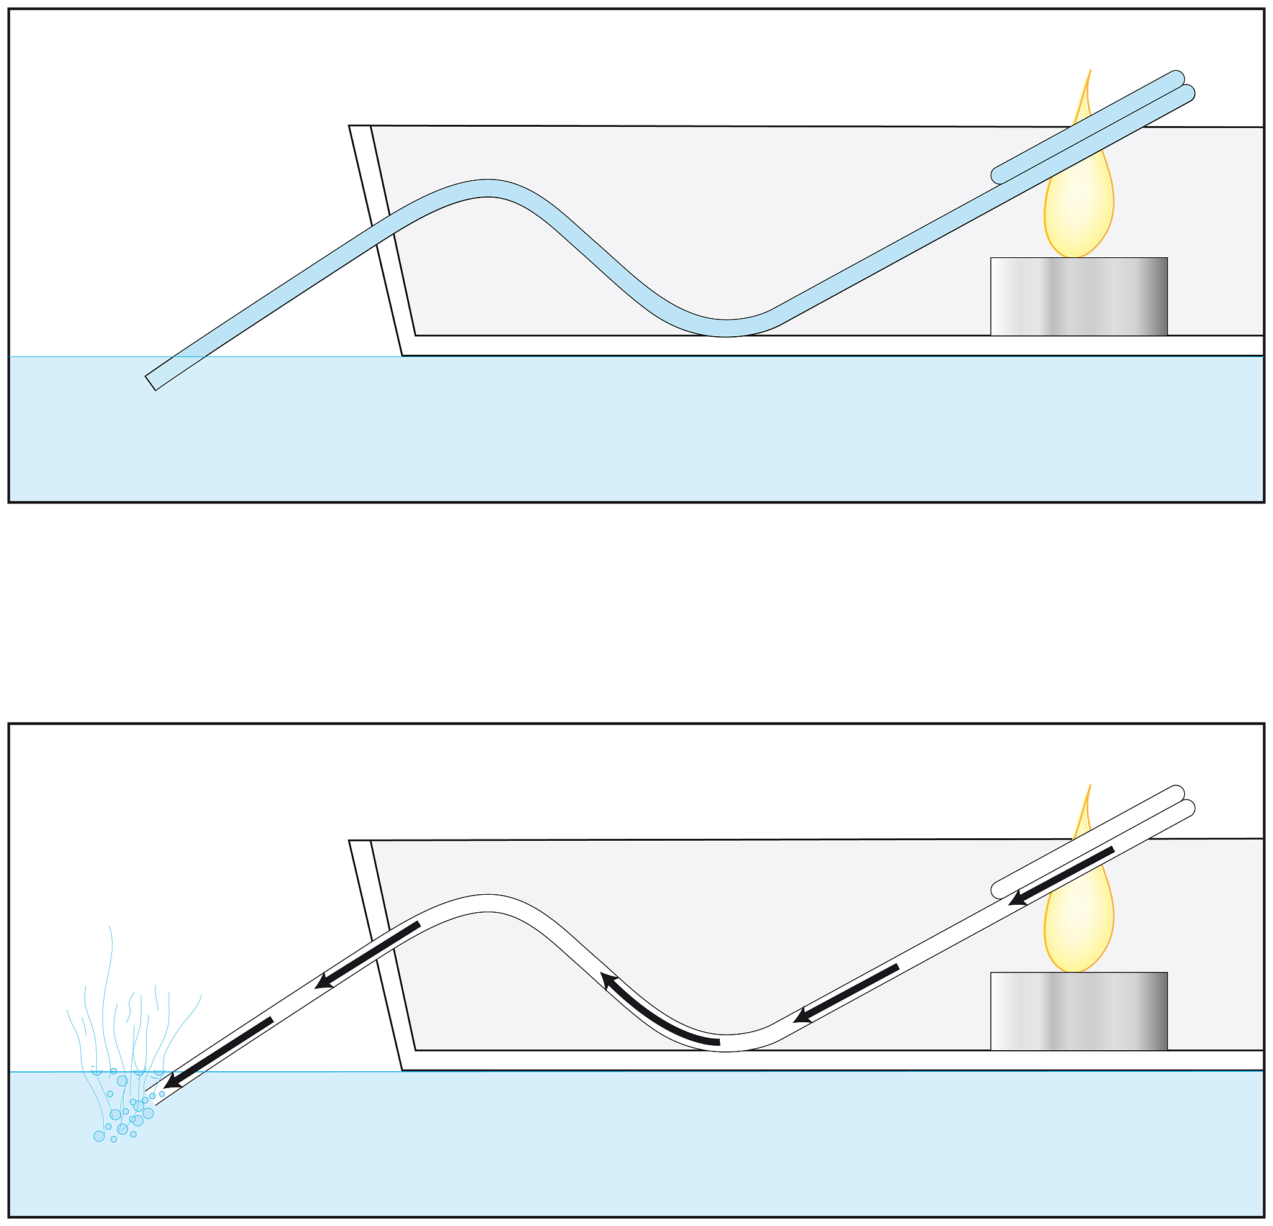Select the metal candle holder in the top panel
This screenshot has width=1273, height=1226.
coord(1079,297)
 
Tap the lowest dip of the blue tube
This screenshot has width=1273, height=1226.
coord(725,328)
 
